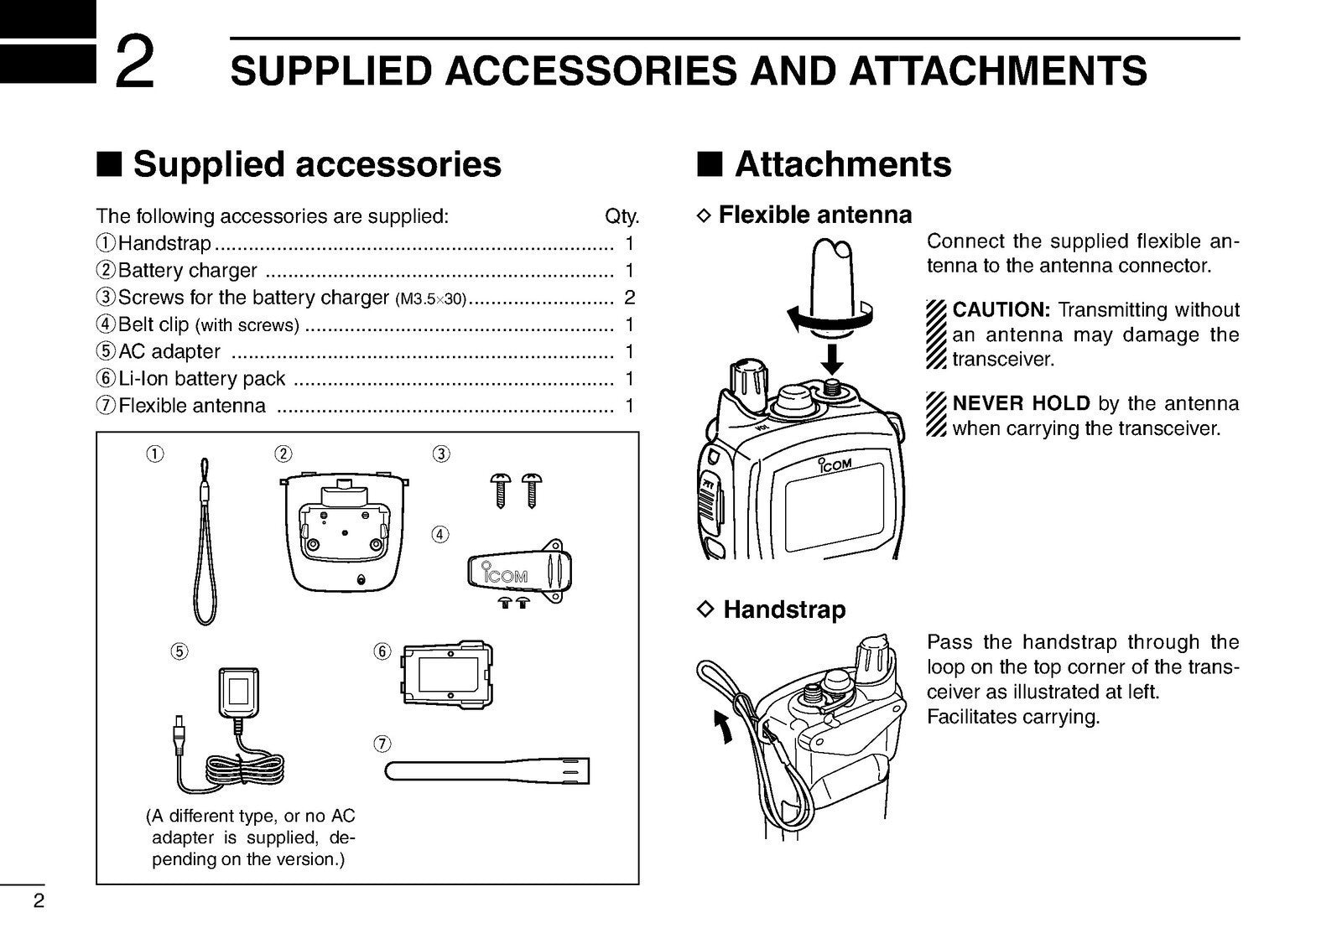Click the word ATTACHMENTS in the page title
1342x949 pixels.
(x=998, y=70)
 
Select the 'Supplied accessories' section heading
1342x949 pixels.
(x=317, y=164)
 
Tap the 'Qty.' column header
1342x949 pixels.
(x=622, y=216)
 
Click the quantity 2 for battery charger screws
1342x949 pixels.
(x=630, y=298)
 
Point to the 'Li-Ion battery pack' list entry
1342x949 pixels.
(x=202, y=379)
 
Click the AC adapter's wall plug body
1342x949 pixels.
(x=239, y=692)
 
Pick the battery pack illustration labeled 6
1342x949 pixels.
(x=447, y=675)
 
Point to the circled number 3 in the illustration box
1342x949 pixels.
(x=441, y=454)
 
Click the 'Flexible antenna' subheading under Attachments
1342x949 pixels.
(x=814, y=215)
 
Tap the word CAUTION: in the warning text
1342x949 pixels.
(x=1001, y=310)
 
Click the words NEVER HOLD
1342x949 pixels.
(x=1021, y=403)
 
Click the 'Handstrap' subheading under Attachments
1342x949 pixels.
(x=783, y=609)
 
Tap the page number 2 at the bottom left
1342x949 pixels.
(x=38, y=902)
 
